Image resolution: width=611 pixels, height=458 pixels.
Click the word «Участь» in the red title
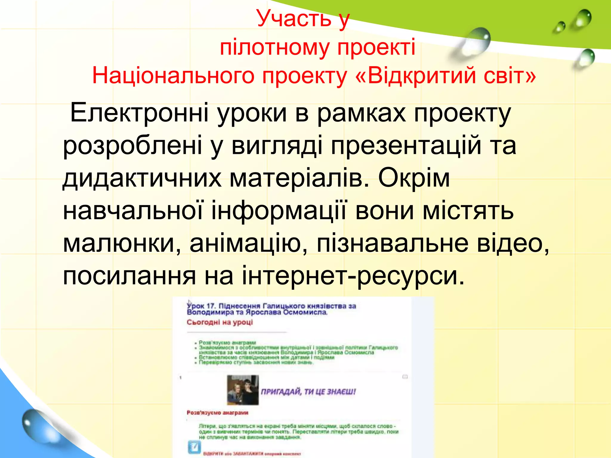coord(294,18)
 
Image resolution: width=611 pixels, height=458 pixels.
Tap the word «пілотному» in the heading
coord(274,48)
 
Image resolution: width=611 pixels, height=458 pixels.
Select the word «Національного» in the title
coord(173,75)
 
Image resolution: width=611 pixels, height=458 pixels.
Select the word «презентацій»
coord(406,146)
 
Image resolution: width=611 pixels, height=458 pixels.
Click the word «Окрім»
coord(414,178)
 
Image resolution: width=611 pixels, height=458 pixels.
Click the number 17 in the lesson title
coord(211,306)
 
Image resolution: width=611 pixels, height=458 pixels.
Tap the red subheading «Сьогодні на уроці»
coord(220,322)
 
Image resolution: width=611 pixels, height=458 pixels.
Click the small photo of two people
coord(243,390)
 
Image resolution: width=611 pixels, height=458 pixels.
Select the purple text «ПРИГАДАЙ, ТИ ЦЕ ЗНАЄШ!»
coord(308,392)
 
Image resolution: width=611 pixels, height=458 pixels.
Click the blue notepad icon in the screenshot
coord(194,448)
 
